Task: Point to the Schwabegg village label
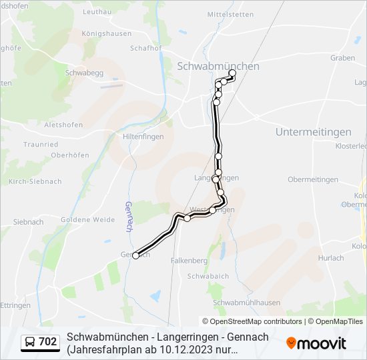coord(83,73)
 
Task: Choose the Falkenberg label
coord(189,261)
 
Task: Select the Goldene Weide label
coord(88,219)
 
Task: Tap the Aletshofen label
coord(63,125)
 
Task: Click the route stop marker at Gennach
coord(136,255)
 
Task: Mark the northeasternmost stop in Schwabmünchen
coord(232,73)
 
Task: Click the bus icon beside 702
coord(30,342)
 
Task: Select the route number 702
coord(47,342)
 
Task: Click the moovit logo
coord(316,343)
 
